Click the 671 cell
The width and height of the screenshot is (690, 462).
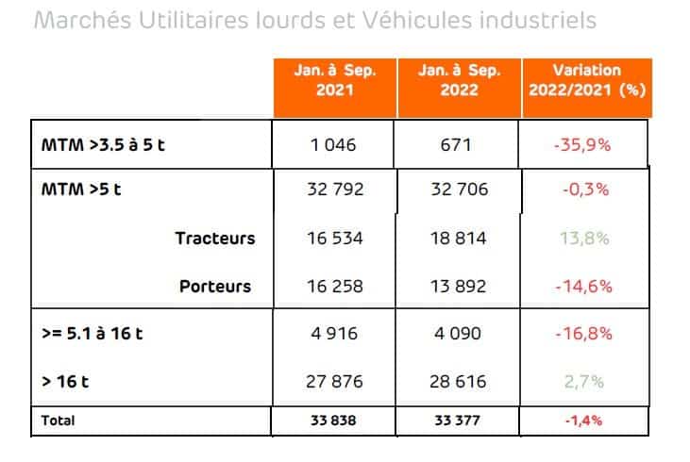pos(458,146)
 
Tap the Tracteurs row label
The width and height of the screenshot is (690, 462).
pos(215,239)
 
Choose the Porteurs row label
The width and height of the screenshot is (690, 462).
pos(215,286)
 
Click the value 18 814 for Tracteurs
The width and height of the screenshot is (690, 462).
pos(459,239)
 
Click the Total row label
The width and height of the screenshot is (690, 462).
pos(57,421)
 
